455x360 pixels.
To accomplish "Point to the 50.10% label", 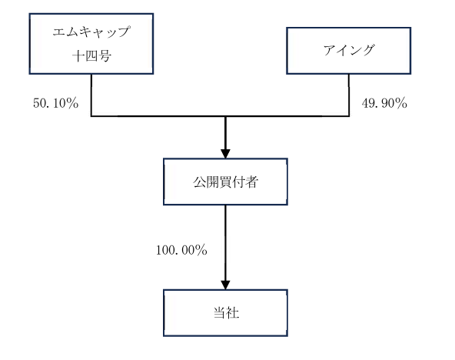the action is (55, 103).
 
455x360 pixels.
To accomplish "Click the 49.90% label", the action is (384, 103).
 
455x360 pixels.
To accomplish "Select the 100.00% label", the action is (181, 250).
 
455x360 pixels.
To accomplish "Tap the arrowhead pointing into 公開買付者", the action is (225, 154).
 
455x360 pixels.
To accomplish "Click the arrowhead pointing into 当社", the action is (225, 285).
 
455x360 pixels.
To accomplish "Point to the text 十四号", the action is (91, 55).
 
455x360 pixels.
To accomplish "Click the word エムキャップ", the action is (91, 32).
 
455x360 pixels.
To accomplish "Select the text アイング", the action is (349, 50).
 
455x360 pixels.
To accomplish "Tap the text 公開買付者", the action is (226, 182).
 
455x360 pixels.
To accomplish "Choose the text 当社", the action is (226, 313).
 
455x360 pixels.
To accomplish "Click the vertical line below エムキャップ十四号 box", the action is (91, 95).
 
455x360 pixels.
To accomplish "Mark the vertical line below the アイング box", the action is (349, 95).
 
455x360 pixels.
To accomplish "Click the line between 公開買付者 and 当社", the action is (225, 243).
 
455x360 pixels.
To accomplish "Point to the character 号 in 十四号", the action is (105, 55).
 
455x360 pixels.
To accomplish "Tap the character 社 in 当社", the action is (233, 313).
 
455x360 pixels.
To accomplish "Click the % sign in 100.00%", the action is (201, 250).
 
